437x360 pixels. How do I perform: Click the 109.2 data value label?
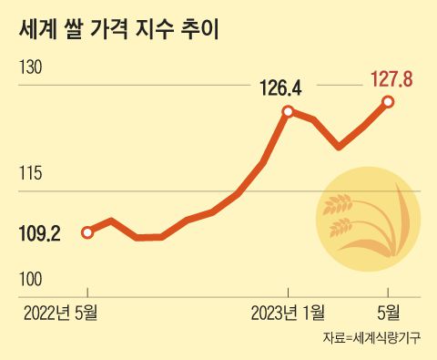pyautogui.click(x=39, y=234)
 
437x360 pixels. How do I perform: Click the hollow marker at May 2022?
pyautogui.click(x=87, y=232)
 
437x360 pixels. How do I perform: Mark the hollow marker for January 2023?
pyautogui.click(x=288, y=111)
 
